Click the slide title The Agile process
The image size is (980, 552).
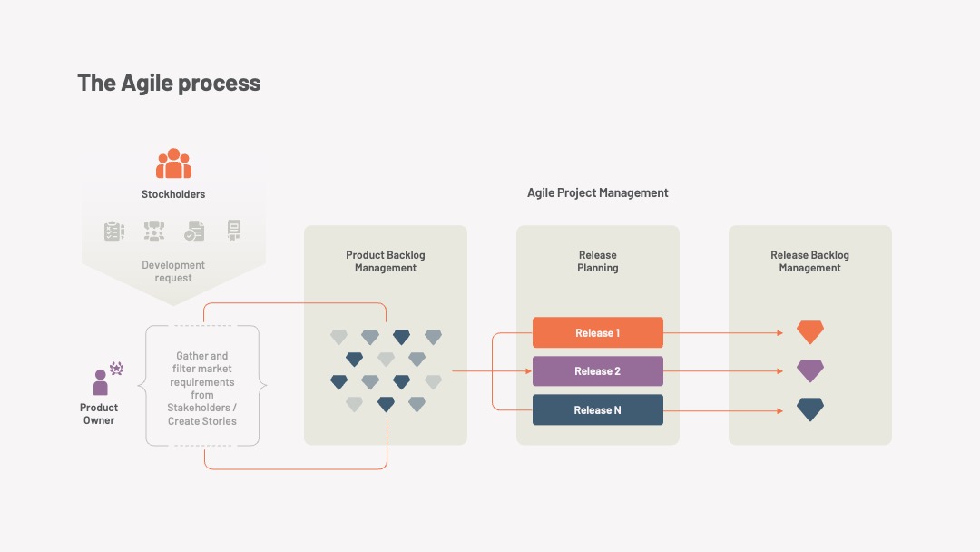coord(169,84)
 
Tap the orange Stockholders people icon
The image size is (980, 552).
coord(173,163)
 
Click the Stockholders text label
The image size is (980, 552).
coord(173,194)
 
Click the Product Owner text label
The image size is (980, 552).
coord(99,414)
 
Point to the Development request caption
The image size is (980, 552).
coord(173,271)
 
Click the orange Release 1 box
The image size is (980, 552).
coord(597,332)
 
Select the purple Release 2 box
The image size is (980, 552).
coord(597,371)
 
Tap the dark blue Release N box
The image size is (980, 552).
coord(597,410)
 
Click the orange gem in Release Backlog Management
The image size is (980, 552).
coord(810,332)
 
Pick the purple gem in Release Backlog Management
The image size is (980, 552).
coord(810,370)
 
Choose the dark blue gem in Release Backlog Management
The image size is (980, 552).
coord(810,409)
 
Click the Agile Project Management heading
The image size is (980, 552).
coord(597,193)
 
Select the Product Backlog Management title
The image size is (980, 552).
coord(386,261)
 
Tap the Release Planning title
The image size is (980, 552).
coord(597,261)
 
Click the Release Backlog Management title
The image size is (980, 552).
coord(810,261)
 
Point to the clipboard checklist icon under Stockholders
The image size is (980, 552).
coord(113,231)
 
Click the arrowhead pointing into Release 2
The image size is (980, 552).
coord(529,371)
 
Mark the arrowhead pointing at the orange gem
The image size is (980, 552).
coord(780,333)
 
